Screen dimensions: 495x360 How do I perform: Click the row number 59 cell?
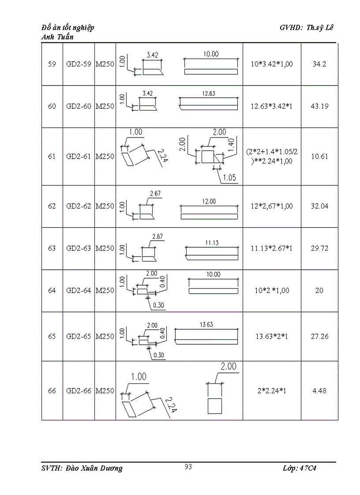pos(52,64)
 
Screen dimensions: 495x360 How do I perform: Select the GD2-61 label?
pos(79,156)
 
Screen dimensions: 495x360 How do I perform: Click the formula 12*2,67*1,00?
pos(272,206)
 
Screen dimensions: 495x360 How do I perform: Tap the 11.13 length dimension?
pos(212,243)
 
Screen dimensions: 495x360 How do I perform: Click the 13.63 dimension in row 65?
pos(206,324)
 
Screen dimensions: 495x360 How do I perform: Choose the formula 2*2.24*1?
pos(272,391)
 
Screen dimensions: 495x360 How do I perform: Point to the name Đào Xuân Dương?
pos(94,469)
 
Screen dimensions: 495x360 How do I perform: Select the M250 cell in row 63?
pos(105,248)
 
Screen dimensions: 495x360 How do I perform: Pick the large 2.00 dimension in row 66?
pos(229,366)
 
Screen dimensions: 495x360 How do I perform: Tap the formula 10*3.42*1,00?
pos(272,64)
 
